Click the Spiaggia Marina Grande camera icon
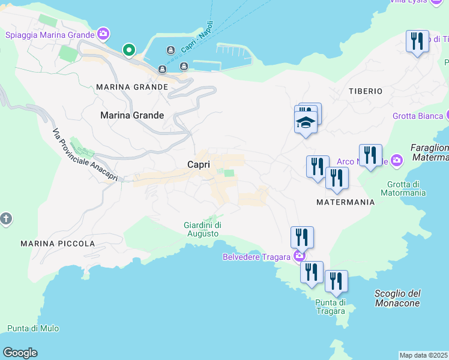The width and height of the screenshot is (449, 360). tap(103, 34)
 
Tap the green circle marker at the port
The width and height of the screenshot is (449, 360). tap(128, 50)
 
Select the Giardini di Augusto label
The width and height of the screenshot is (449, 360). tap(201, 229)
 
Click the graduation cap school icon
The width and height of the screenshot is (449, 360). tap(306, 123)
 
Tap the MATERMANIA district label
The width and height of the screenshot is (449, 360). tap(346, 202)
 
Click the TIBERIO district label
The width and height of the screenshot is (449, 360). tap(366, 91)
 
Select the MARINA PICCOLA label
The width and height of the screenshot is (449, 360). tap(58, 244)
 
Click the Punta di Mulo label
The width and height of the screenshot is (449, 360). tap(33, 328)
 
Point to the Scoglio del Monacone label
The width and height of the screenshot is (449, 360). tap(397, 298)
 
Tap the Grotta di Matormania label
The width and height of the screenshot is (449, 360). tap(403, 188)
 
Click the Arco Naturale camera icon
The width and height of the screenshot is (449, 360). tap(396, 160)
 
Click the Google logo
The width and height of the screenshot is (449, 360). tap(20, 353)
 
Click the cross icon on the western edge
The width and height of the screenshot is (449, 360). tap(6, 218)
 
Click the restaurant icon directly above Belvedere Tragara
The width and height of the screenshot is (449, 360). tap(303, 238)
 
